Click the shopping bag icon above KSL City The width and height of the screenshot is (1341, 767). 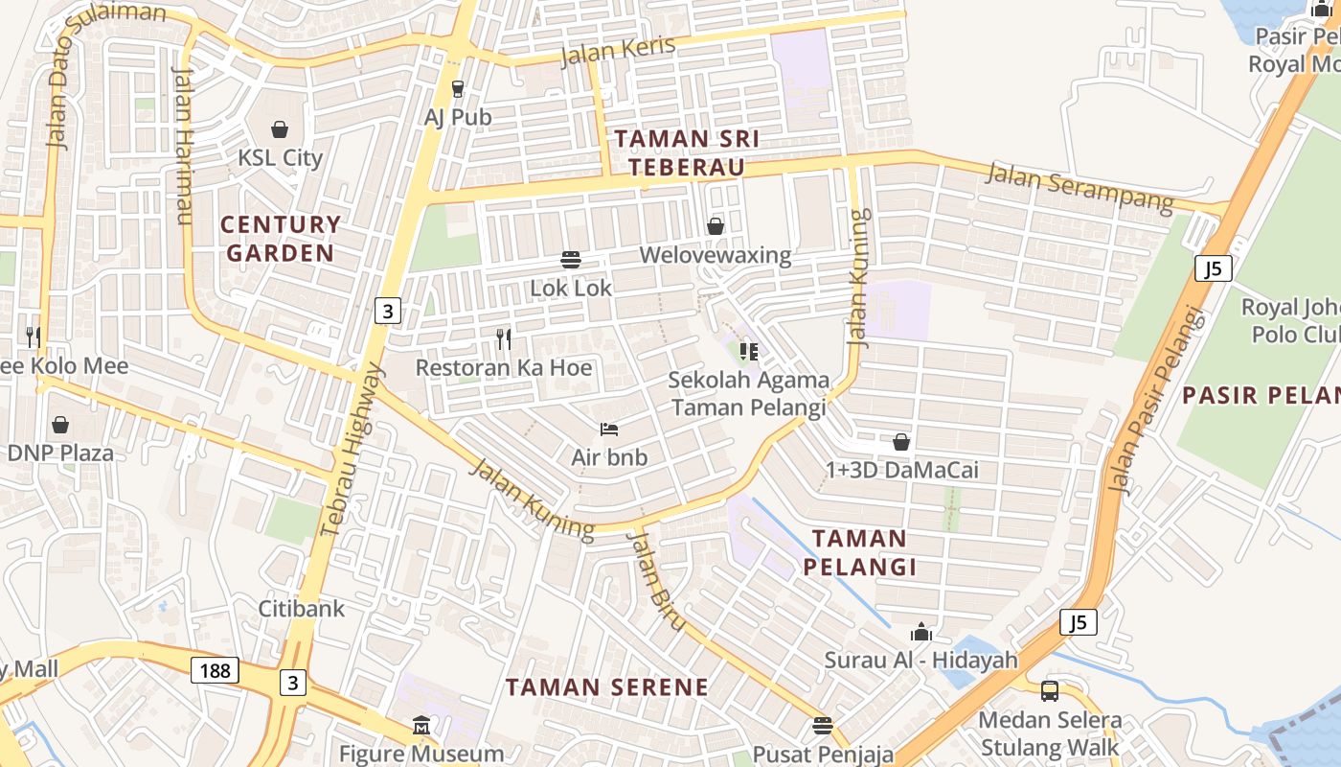(x=280, y=128)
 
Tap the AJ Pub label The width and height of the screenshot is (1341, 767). (x=458, y=117)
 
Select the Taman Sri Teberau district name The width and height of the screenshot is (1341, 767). (x=687, y=152)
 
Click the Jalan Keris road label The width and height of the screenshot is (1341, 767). (x=618, y=50)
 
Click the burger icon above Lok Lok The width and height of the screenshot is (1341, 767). (x=571, y=259)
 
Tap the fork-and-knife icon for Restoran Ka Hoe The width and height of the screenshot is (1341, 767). (x=504, y=338)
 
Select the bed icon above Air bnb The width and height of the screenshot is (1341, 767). (x=609, y=429)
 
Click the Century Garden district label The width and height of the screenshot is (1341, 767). (x=280, y=239)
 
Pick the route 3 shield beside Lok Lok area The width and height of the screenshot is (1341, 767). (x=387, y=311)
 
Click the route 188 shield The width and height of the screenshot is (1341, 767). (x=215, y=670)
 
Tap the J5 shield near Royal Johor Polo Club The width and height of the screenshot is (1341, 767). (x=1213, y=268)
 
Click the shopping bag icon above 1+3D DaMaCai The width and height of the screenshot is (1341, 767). (x=901, y=442)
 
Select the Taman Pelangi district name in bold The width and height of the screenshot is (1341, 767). (x=859, y=552)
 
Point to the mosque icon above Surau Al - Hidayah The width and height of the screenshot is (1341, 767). (x=921, y=632)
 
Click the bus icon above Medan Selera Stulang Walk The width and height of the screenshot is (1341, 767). (x=1050, y=690)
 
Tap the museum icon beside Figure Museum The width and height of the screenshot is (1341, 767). (x=421, y=726)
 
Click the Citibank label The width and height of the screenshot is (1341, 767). (x=302, y=608)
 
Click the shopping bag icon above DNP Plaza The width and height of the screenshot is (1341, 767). (x=60, y=424)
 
